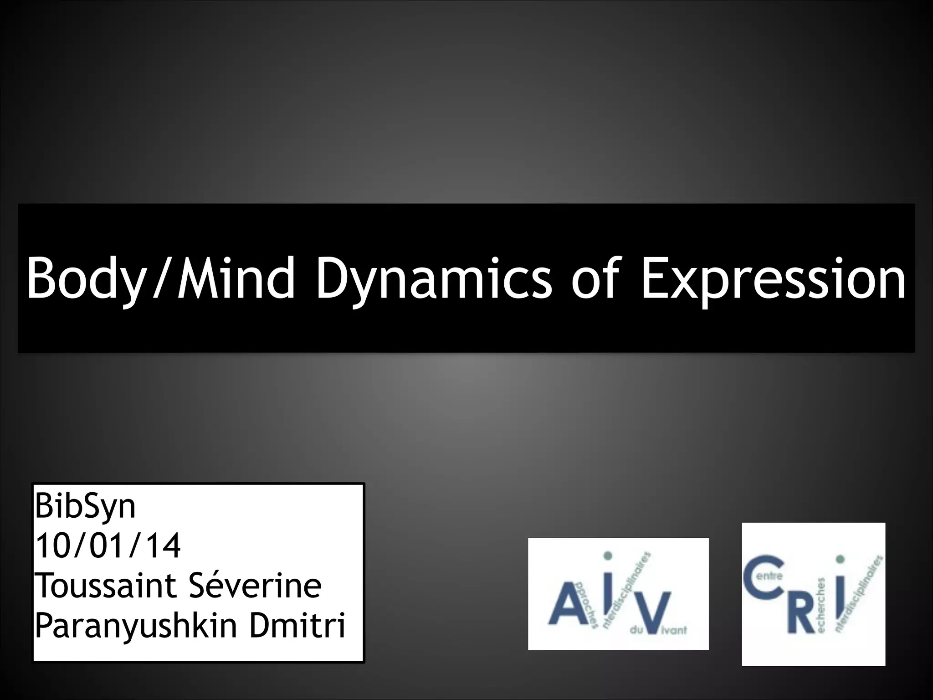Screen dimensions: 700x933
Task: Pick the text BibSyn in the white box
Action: point(85,507)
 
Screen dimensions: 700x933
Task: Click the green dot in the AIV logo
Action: point(607,556)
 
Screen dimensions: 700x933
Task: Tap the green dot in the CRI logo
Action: point(841,559)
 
